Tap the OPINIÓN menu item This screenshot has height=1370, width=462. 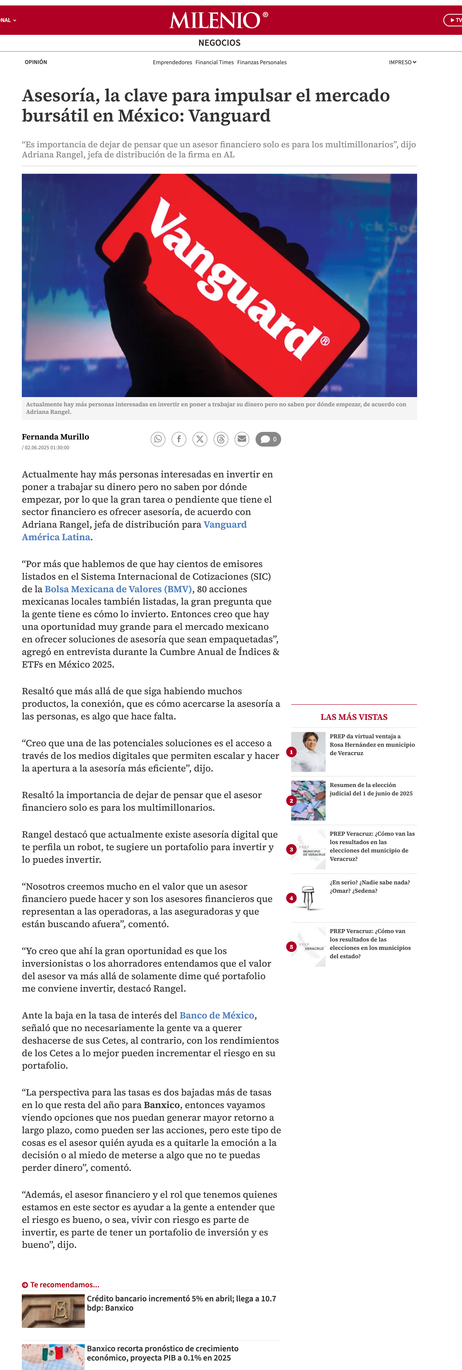[36, 62]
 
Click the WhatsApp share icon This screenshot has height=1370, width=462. [158, 439]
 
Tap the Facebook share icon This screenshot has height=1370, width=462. [179, 439]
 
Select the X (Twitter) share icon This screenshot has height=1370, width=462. [200, 439]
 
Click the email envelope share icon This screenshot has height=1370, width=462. [242, 439]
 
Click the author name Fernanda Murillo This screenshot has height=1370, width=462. [55, 437]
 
